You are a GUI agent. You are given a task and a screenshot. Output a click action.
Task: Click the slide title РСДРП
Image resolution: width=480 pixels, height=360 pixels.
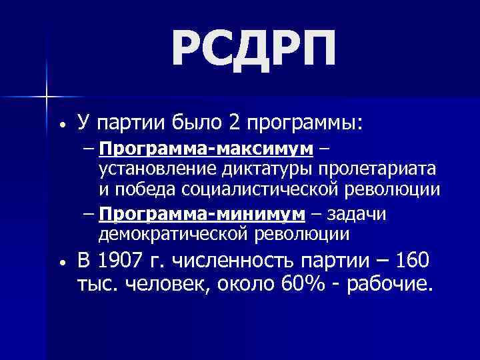tap(254, 49)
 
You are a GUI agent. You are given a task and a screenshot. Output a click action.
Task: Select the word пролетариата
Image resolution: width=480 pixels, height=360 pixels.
tap(379, 168)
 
